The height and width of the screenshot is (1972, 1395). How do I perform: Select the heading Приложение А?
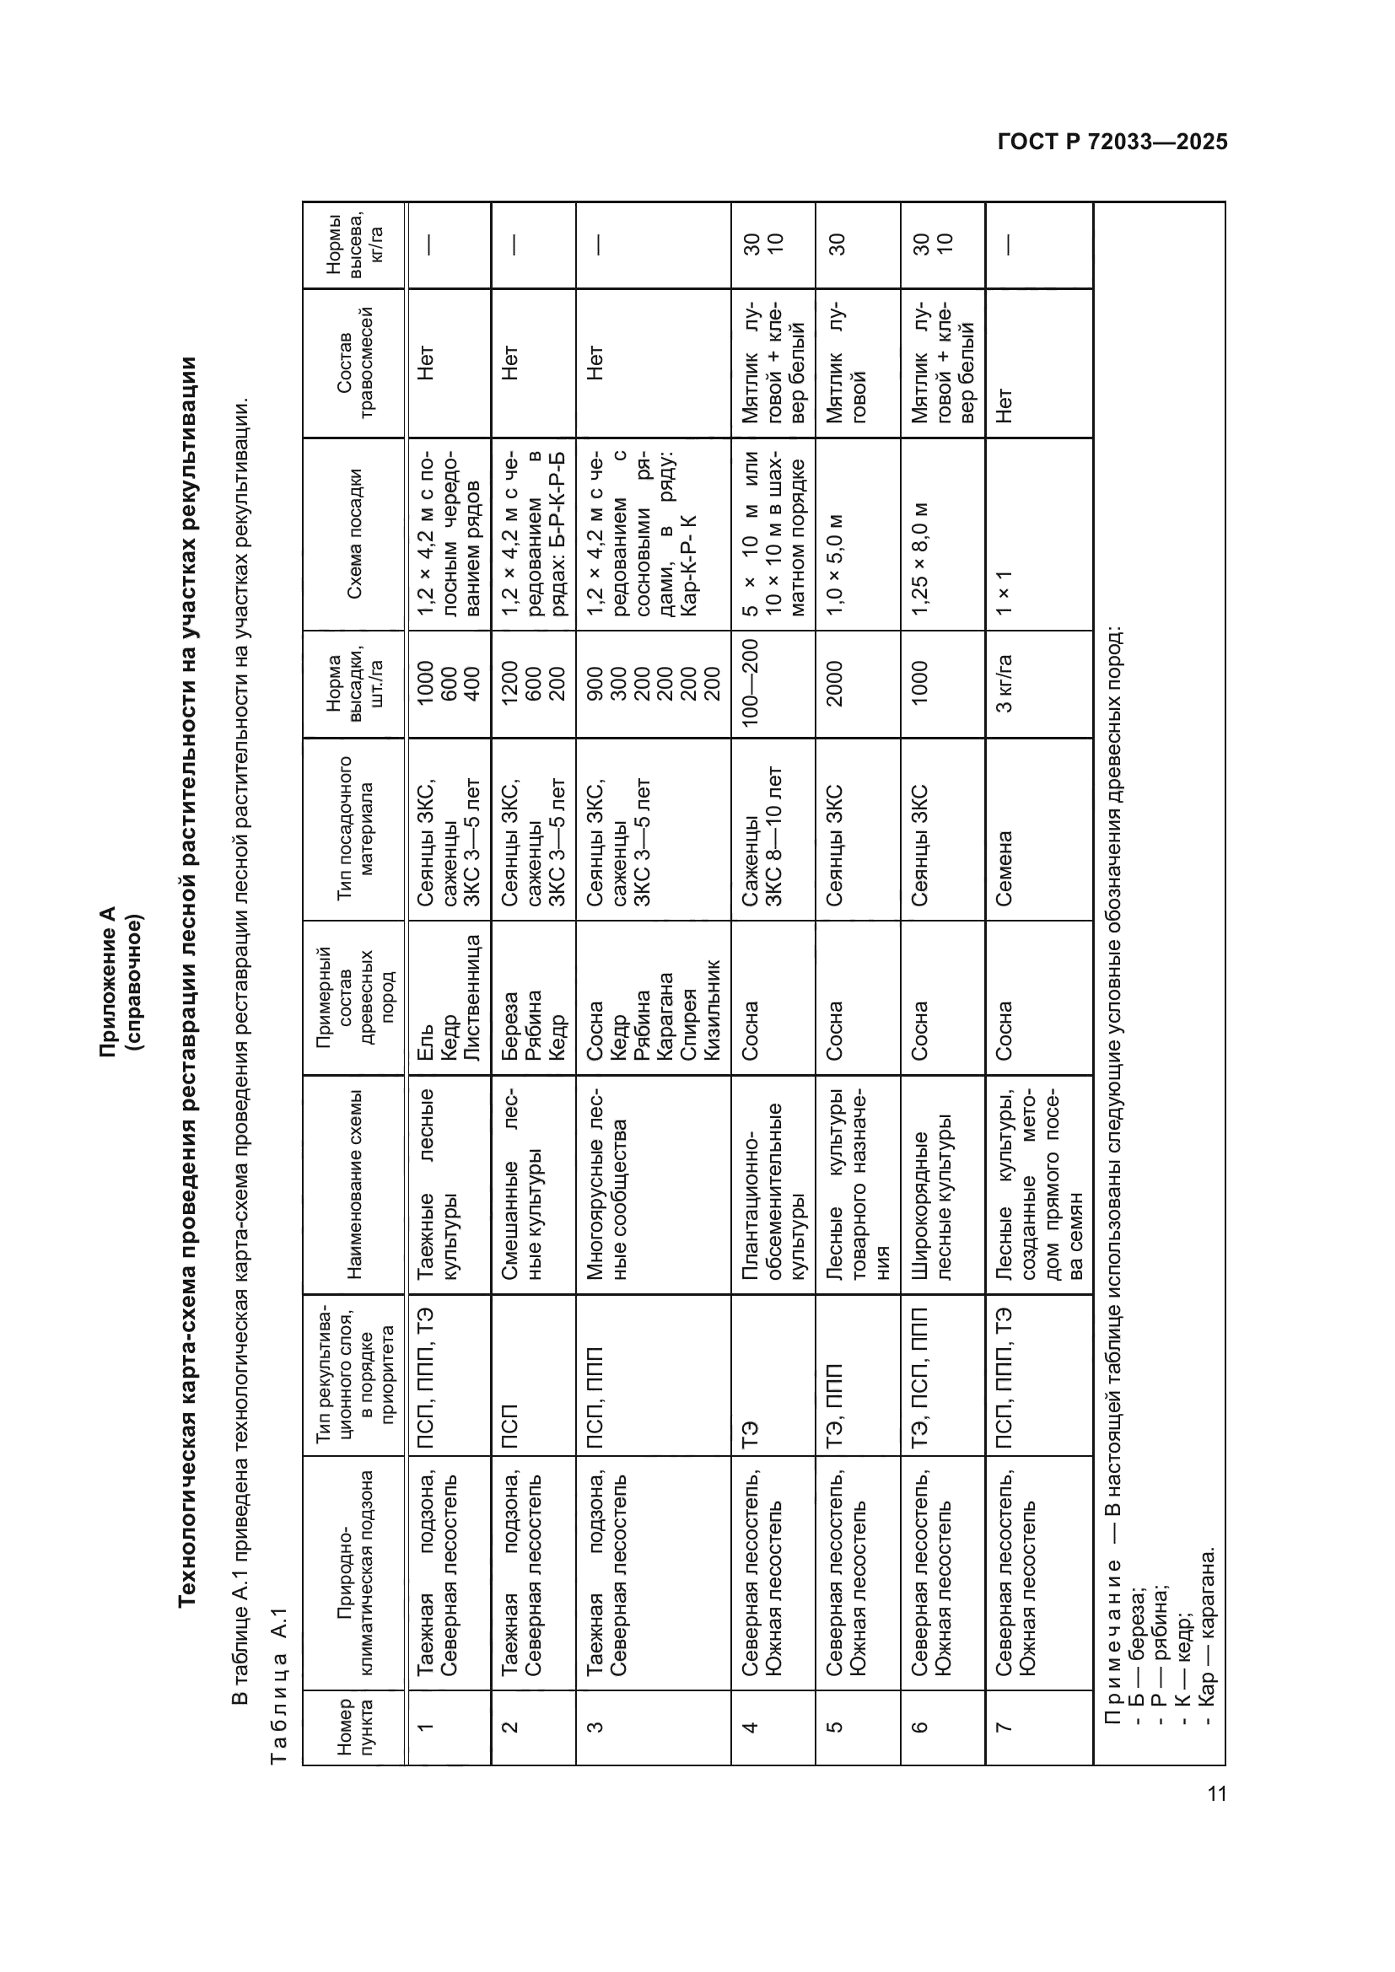(107, 981)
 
